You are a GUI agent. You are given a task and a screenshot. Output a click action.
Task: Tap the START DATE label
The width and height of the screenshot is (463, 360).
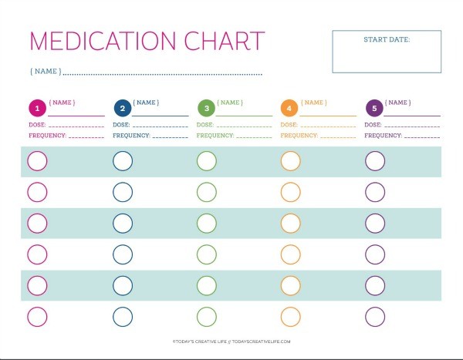(x=386, y=39)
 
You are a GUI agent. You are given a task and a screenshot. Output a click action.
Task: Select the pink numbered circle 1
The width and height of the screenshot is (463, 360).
(x=37, y=108)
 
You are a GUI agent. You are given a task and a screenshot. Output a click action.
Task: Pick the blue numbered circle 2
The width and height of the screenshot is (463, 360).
(x=122, y=108)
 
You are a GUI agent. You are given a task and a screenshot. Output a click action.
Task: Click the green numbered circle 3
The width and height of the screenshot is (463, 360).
(x=206, y=108)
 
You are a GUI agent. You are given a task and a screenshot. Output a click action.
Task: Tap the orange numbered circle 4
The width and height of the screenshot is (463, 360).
(x=290, y=108)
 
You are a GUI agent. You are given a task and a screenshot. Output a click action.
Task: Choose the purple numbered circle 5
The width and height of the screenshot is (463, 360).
(x=374, y=108)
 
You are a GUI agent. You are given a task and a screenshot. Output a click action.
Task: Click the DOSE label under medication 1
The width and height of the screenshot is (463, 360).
(x=37, y=125)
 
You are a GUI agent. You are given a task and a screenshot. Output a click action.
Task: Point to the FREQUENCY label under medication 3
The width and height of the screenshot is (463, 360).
(x=215, y=135)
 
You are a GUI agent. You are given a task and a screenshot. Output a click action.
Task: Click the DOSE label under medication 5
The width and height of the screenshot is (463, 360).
(x=373, y=125)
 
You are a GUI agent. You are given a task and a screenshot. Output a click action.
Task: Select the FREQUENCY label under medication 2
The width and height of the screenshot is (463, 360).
(x=130, y=135)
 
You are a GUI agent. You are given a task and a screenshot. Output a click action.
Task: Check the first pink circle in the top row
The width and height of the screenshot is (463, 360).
(x=37, y=161)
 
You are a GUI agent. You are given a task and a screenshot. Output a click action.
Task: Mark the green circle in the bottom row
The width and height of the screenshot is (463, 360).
(x=206, y=316)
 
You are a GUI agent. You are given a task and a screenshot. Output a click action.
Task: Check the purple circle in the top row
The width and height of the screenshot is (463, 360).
(x=374, y=161)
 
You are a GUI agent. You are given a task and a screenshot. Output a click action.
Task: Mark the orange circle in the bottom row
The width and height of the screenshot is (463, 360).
(x=290, y=316)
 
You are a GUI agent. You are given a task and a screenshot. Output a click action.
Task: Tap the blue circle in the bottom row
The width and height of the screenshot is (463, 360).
(x=122, y=316)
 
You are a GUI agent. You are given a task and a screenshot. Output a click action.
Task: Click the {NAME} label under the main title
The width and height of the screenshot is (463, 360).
(x=45, y=72)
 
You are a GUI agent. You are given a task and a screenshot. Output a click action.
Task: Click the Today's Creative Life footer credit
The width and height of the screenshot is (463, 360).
(x=231, y=341)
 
